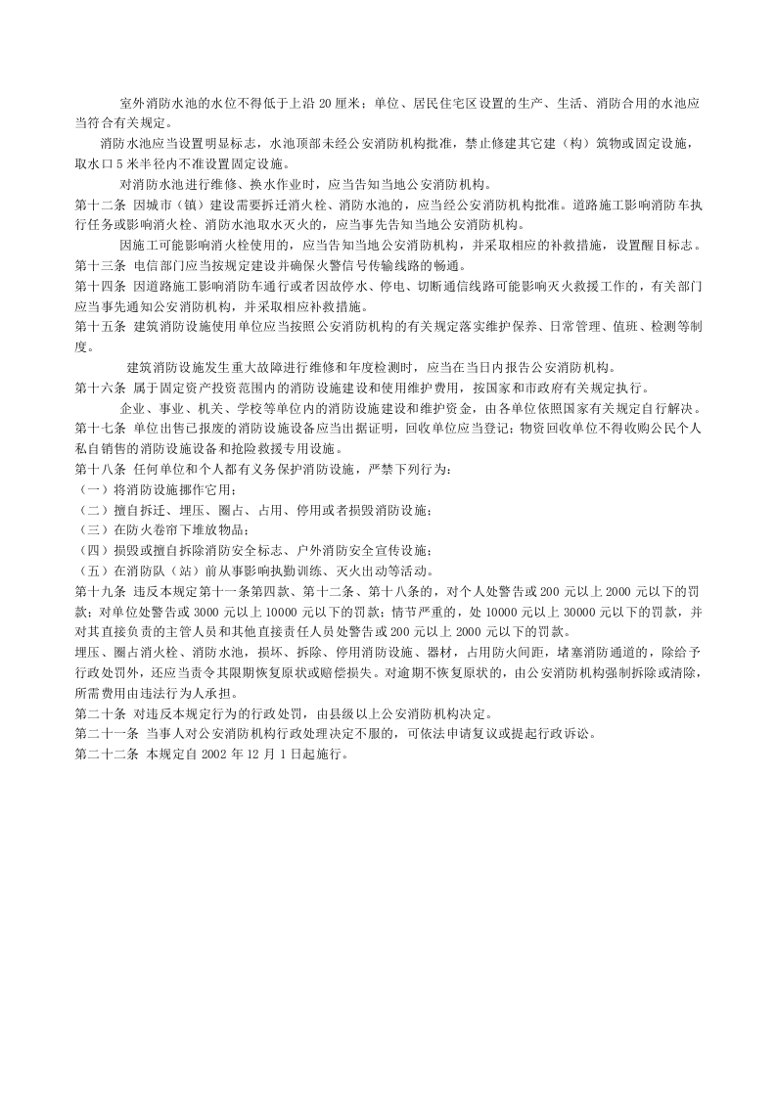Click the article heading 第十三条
[98, 265]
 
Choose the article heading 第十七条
[98, 429]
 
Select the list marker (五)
[93, 572]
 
